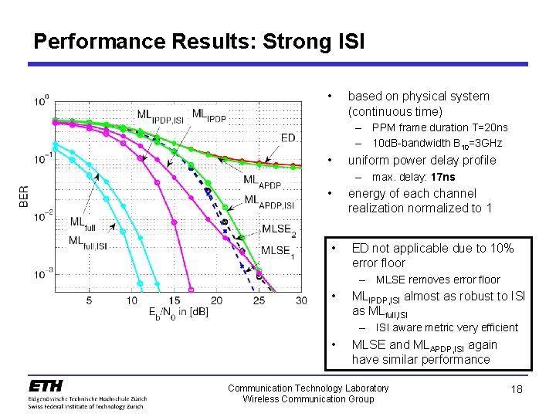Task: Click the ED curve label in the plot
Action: (x=288, y=137)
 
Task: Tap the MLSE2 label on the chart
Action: (x=278, y=229)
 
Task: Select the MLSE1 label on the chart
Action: (x=276, y=250)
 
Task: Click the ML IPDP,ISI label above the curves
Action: (x=161, y=115)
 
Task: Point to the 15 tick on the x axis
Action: (x=174, y=300)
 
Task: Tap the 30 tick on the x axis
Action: (x=300, y=300)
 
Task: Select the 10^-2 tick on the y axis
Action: (x=42, y=216)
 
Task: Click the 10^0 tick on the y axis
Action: (x=42, y=101)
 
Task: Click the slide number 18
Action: (x=517, y=390)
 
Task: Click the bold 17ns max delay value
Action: (x=440, y=177)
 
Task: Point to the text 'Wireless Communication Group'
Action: (x=308, y=399)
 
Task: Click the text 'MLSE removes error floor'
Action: (x=437, y=280)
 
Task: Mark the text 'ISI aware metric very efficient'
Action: (x=446, y=327)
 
